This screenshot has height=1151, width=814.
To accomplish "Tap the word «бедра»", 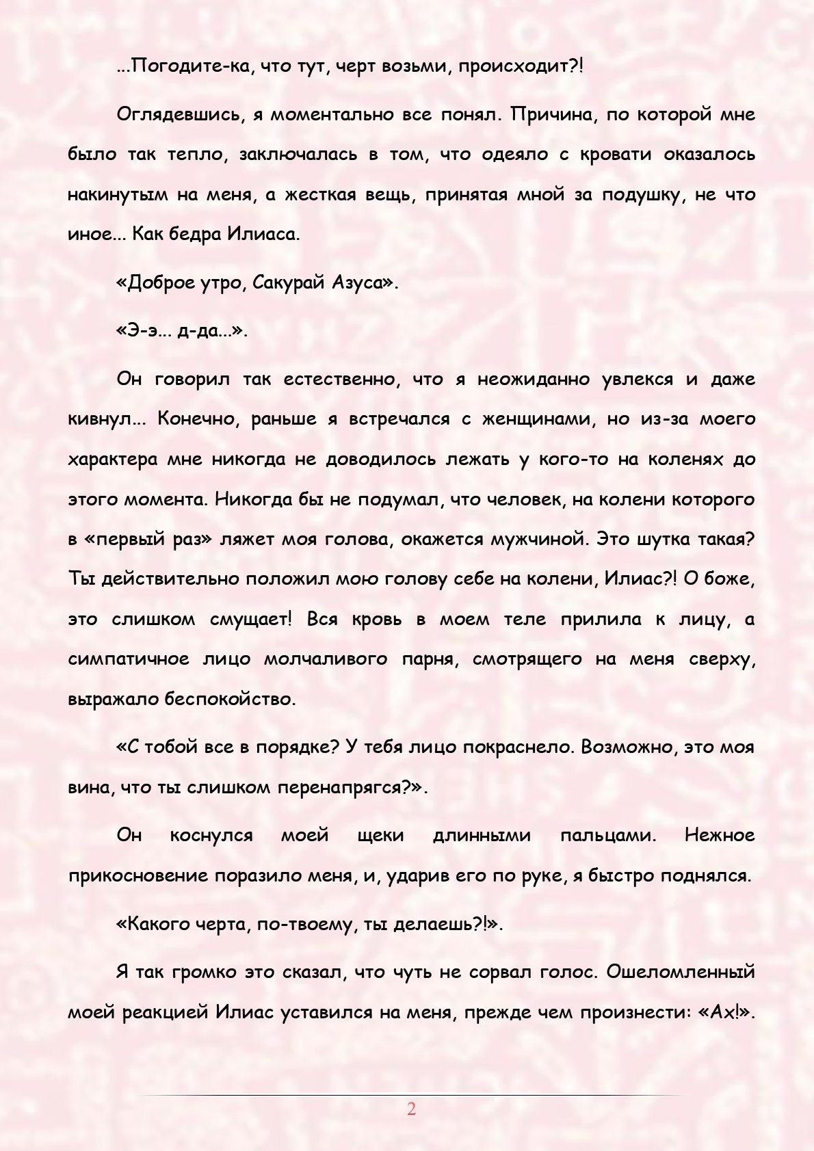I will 180,235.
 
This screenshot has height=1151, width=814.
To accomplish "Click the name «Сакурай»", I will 287,282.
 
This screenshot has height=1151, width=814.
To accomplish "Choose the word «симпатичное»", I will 129,660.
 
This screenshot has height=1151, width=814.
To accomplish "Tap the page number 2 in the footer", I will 411,1109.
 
